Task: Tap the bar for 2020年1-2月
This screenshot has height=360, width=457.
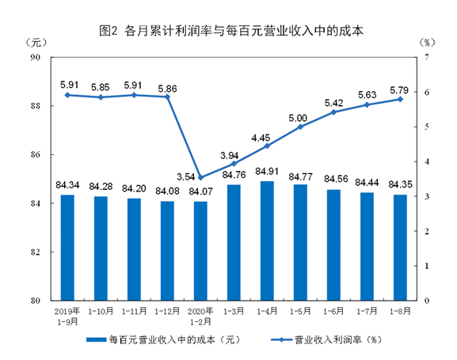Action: click(200, 251)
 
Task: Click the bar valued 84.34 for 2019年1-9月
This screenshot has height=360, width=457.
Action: click(67, 247)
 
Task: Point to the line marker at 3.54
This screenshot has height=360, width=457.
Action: click(200, 177)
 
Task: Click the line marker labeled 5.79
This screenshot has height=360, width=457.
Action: click(400, 99)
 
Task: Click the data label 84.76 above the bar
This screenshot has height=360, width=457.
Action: click(234, 176)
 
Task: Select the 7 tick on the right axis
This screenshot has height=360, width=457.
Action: click(427, 57)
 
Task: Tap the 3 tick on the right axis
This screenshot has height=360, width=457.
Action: click(427, 196)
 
